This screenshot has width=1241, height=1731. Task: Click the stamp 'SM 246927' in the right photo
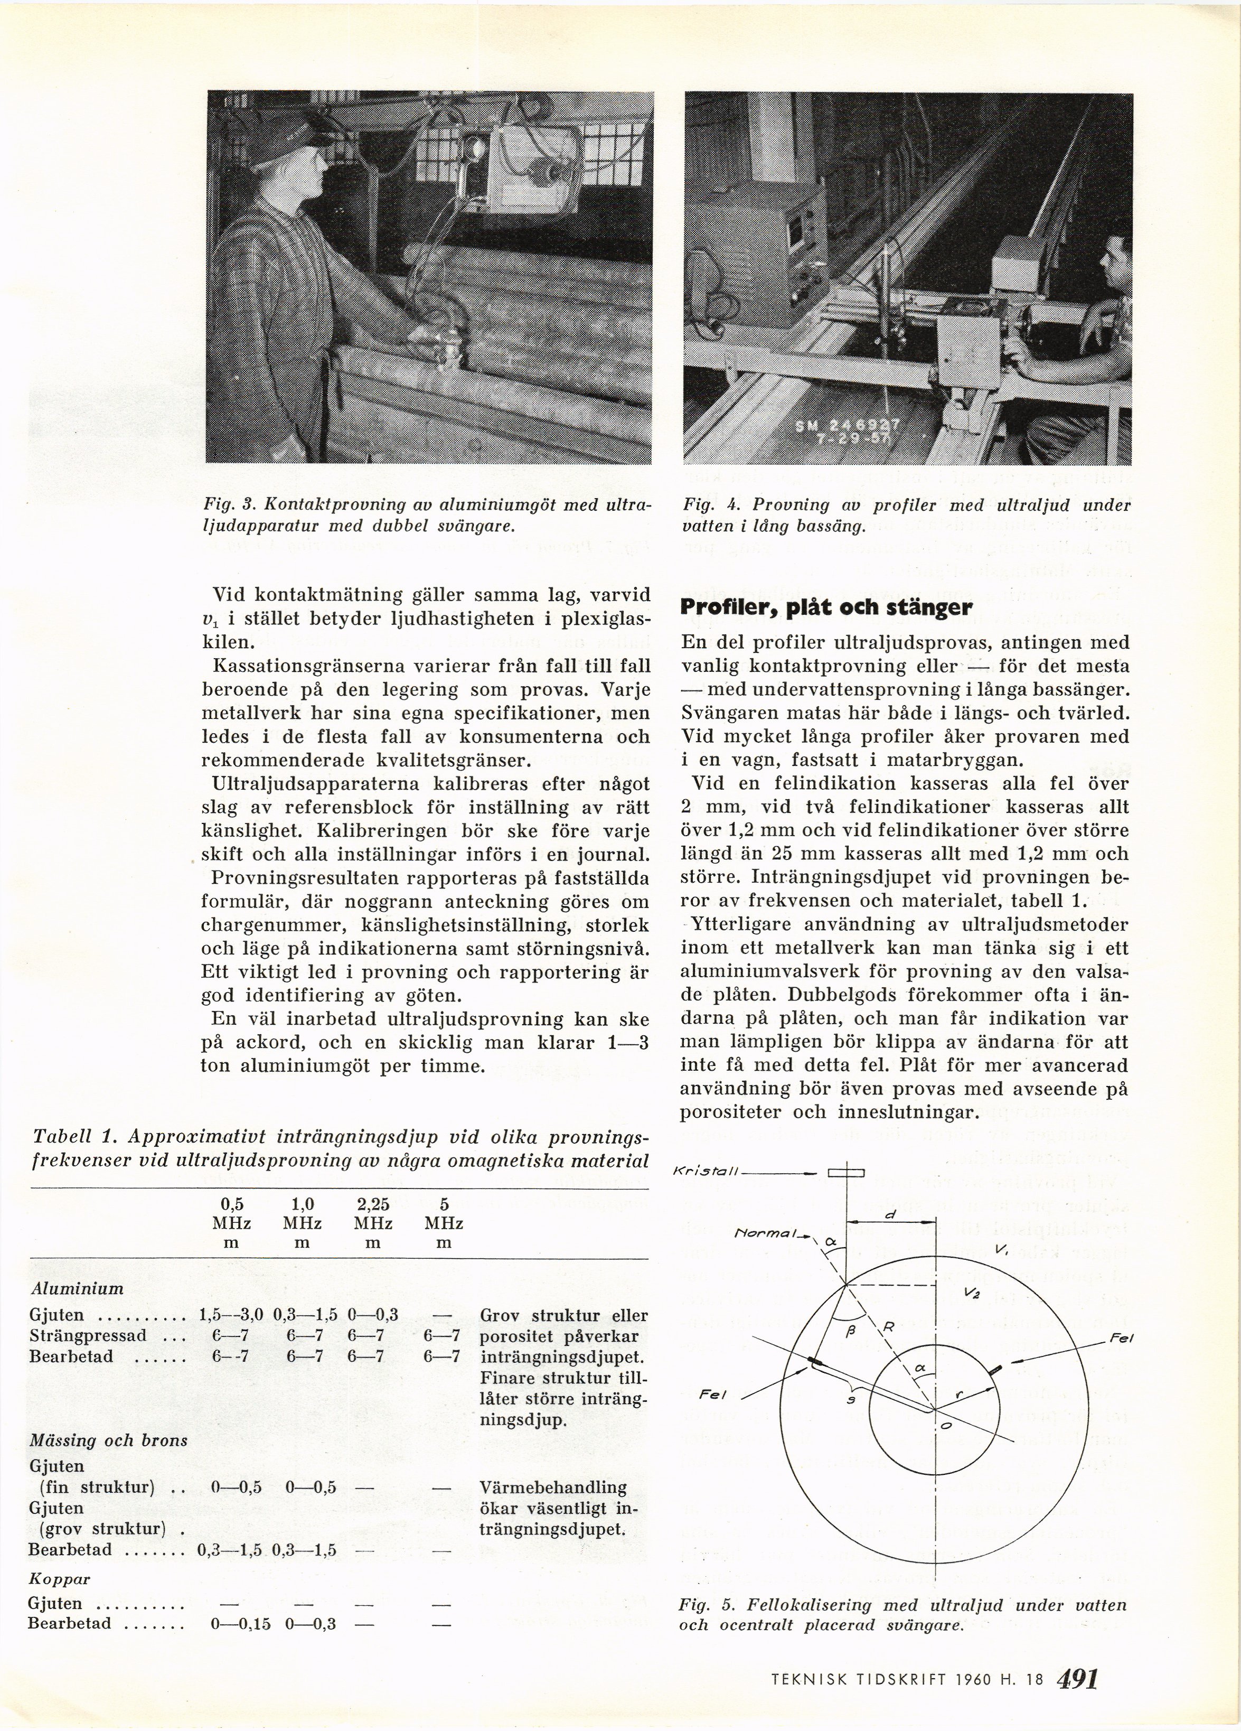tap(847, 427)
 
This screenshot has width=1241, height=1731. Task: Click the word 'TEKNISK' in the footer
tap(805, 1680)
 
